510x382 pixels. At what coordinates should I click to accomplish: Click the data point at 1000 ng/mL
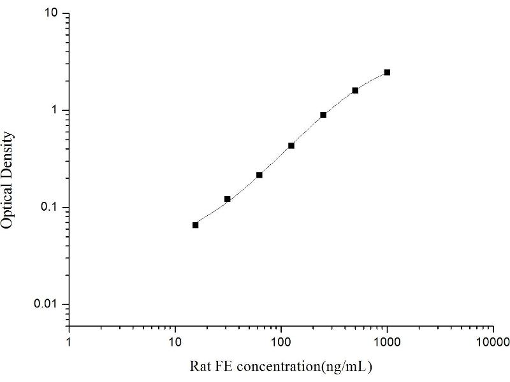click(x=387, y=73)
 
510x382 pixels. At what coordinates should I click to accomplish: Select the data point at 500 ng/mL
click(x=355, y=90)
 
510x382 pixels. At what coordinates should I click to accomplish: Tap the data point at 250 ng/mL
click(x=323, y=115)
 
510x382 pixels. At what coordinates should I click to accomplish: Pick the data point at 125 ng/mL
click(x=291, y=145)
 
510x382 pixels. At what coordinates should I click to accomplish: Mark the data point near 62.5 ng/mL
click(x=259, y=174)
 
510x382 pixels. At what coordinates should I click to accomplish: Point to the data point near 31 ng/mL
click(x=228, y=199)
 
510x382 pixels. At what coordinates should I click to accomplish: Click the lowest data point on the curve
click(x=195, y=225)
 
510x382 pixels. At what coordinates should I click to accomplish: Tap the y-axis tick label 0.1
click(x=52, y=208)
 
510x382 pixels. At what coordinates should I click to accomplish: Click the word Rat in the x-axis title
click(x=200, y=367)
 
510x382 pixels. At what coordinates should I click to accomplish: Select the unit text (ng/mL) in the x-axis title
click(x=349, y=367)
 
